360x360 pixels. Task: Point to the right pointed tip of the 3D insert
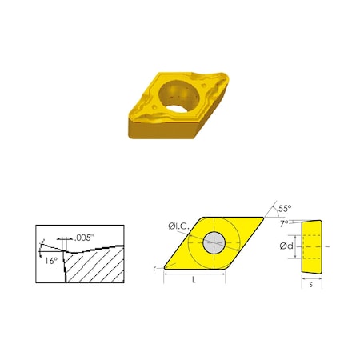(x=232, y=76)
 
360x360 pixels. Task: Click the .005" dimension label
(x=86, y=237)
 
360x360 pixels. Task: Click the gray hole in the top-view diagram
(x=214, y=243)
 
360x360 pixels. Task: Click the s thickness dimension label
(x=310, y=286)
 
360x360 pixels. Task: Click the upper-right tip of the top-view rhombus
(x=263, y=216)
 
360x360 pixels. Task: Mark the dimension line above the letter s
(x=310, y=279)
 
